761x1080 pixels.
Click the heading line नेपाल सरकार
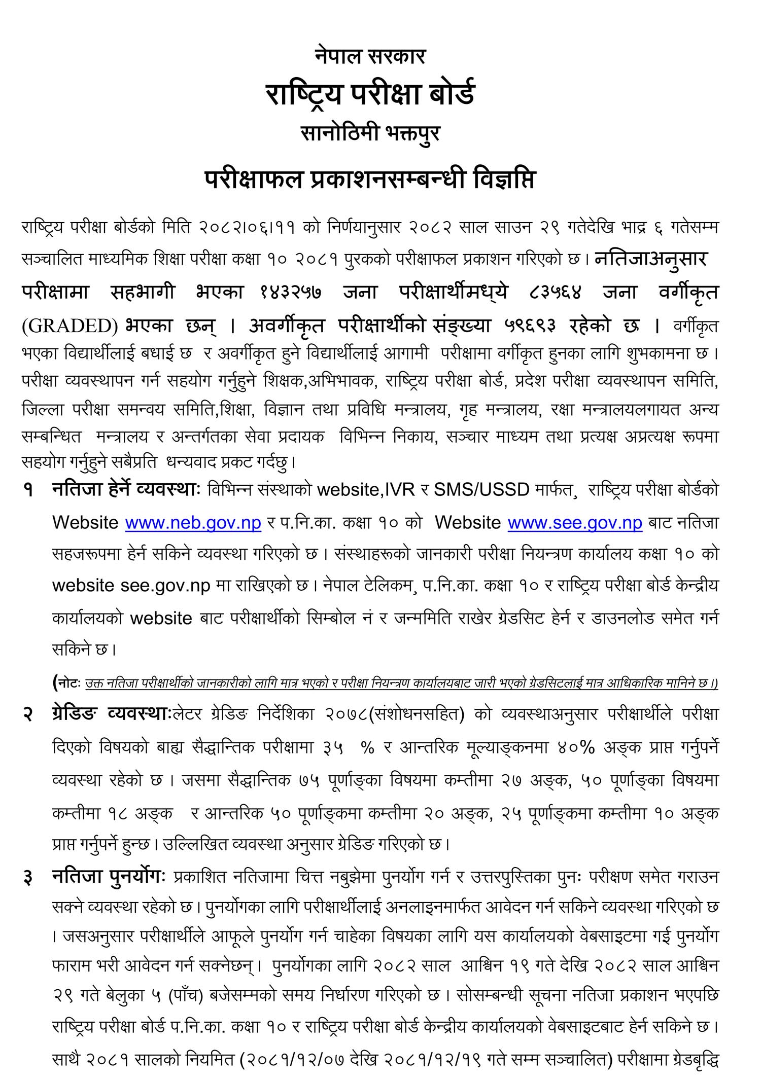[370, 56]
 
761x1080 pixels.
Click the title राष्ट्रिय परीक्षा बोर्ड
[370, 94]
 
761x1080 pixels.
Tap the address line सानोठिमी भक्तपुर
[370, 133]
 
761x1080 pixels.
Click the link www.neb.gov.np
[193, 523]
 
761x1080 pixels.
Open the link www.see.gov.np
[575, 523]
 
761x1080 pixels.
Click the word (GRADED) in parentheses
[70, 326]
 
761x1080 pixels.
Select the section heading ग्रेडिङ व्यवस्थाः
[112, 714]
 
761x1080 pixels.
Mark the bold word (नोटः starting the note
[66, 683]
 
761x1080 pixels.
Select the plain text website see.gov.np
[131, 586]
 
